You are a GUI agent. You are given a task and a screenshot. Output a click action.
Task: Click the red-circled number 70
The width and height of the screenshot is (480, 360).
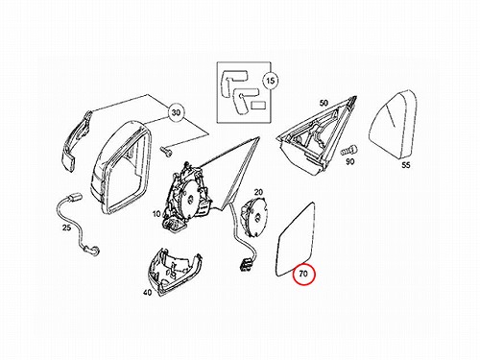click(303, 274)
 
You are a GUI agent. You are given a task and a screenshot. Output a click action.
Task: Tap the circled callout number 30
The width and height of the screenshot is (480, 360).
click(176, 112)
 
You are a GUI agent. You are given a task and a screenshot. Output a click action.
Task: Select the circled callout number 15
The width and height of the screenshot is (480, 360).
click(271, 81)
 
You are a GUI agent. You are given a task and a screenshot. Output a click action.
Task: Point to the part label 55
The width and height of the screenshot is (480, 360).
click(405, 165)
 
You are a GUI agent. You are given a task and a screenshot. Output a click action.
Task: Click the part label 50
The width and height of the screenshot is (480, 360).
click(324, 103)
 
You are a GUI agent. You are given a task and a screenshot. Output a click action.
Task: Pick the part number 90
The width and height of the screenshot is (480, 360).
click(349, 161)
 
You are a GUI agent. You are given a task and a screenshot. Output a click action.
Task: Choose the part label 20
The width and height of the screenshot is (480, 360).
click(258, 192)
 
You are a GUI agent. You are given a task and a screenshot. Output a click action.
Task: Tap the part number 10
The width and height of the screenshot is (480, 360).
click(156, 213)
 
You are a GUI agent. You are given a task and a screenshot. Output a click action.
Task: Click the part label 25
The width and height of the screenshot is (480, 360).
click(66, 228)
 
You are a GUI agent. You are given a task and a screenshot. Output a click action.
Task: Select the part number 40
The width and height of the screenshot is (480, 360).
click(147, 292)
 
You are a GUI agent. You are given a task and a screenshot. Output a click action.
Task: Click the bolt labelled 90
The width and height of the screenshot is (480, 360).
click(348, 150)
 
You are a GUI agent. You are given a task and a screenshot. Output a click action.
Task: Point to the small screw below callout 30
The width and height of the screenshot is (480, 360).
click(166, 151)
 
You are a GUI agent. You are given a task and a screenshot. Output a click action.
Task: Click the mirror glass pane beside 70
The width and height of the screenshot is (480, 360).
click(295, 240)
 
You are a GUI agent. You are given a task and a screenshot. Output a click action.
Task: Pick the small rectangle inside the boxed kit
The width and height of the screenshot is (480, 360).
click(257, 106)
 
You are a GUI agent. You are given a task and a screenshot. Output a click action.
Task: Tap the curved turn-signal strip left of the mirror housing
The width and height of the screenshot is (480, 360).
click(76, 139)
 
